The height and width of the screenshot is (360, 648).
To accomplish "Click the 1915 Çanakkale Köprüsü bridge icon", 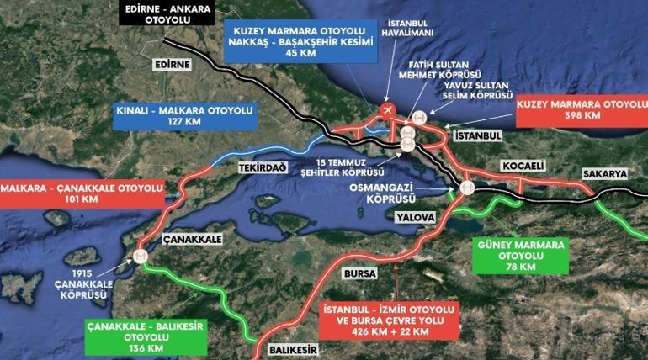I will click(141, 257).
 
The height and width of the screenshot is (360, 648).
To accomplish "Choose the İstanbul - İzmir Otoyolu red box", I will click(389, 320).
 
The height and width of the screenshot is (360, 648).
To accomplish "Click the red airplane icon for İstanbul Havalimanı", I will click(387, 109).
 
